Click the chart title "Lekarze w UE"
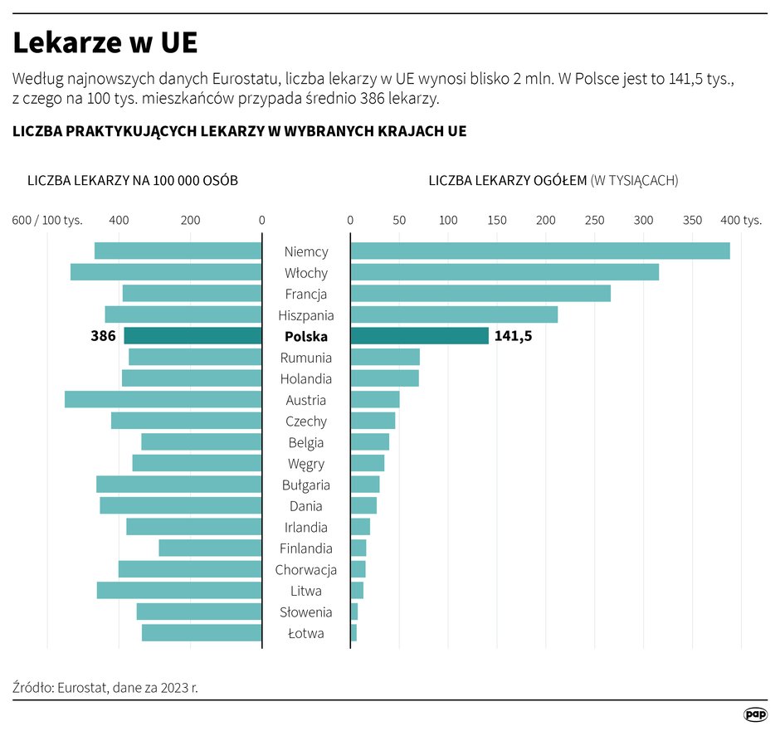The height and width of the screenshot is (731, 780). (x=105, y=43)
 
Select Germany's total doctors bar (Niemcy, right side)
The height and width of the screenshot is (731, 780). (x=539, y=251)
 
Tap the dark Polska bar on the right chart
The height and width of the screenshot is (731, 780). (x=419, y=336)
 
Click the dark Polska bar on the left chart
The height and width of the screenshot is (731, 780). (x=193, y=336)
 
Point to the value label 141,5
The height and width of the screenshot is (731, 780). (x=513, y=336)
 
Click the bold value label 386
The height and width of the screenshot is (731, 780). (x=103, y=336)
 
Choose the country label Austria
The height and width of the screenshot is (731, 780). (x=306, y=400)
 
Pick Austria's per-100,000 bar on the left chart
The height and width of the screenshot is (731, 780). (x=163, y=399)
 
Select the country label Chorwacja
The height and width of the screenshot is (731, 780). (x=306, y=570)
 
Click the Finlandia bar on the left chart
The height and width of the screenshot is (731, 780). (x=210, y=548)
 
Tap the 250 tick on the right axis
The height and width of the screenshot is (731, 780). (x=594, y=220)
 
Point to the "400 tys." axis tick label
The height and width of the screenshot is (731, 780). (x=740, y=220)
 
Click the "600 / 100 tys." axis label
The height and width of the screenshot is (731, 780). (x=47, y=220)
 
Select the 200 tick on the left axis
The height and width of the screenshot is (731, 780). (x=190, y=220)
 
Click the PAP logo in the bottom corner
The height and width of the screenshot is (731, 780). (x=754, y=714)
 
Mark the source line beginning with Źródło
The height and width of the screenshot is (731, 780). (x=106, y=687)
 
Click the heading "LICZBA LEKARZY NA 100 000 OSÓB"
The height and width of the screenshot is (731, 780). (x=133, y=180)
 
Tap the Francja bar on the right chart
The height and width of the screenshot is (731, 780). (x=480, y=294)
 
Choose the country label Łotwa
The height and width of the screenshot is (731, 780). (x=306, y=633)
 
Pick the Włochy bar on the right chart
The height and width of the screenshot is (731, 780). (x=504, y=272)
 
